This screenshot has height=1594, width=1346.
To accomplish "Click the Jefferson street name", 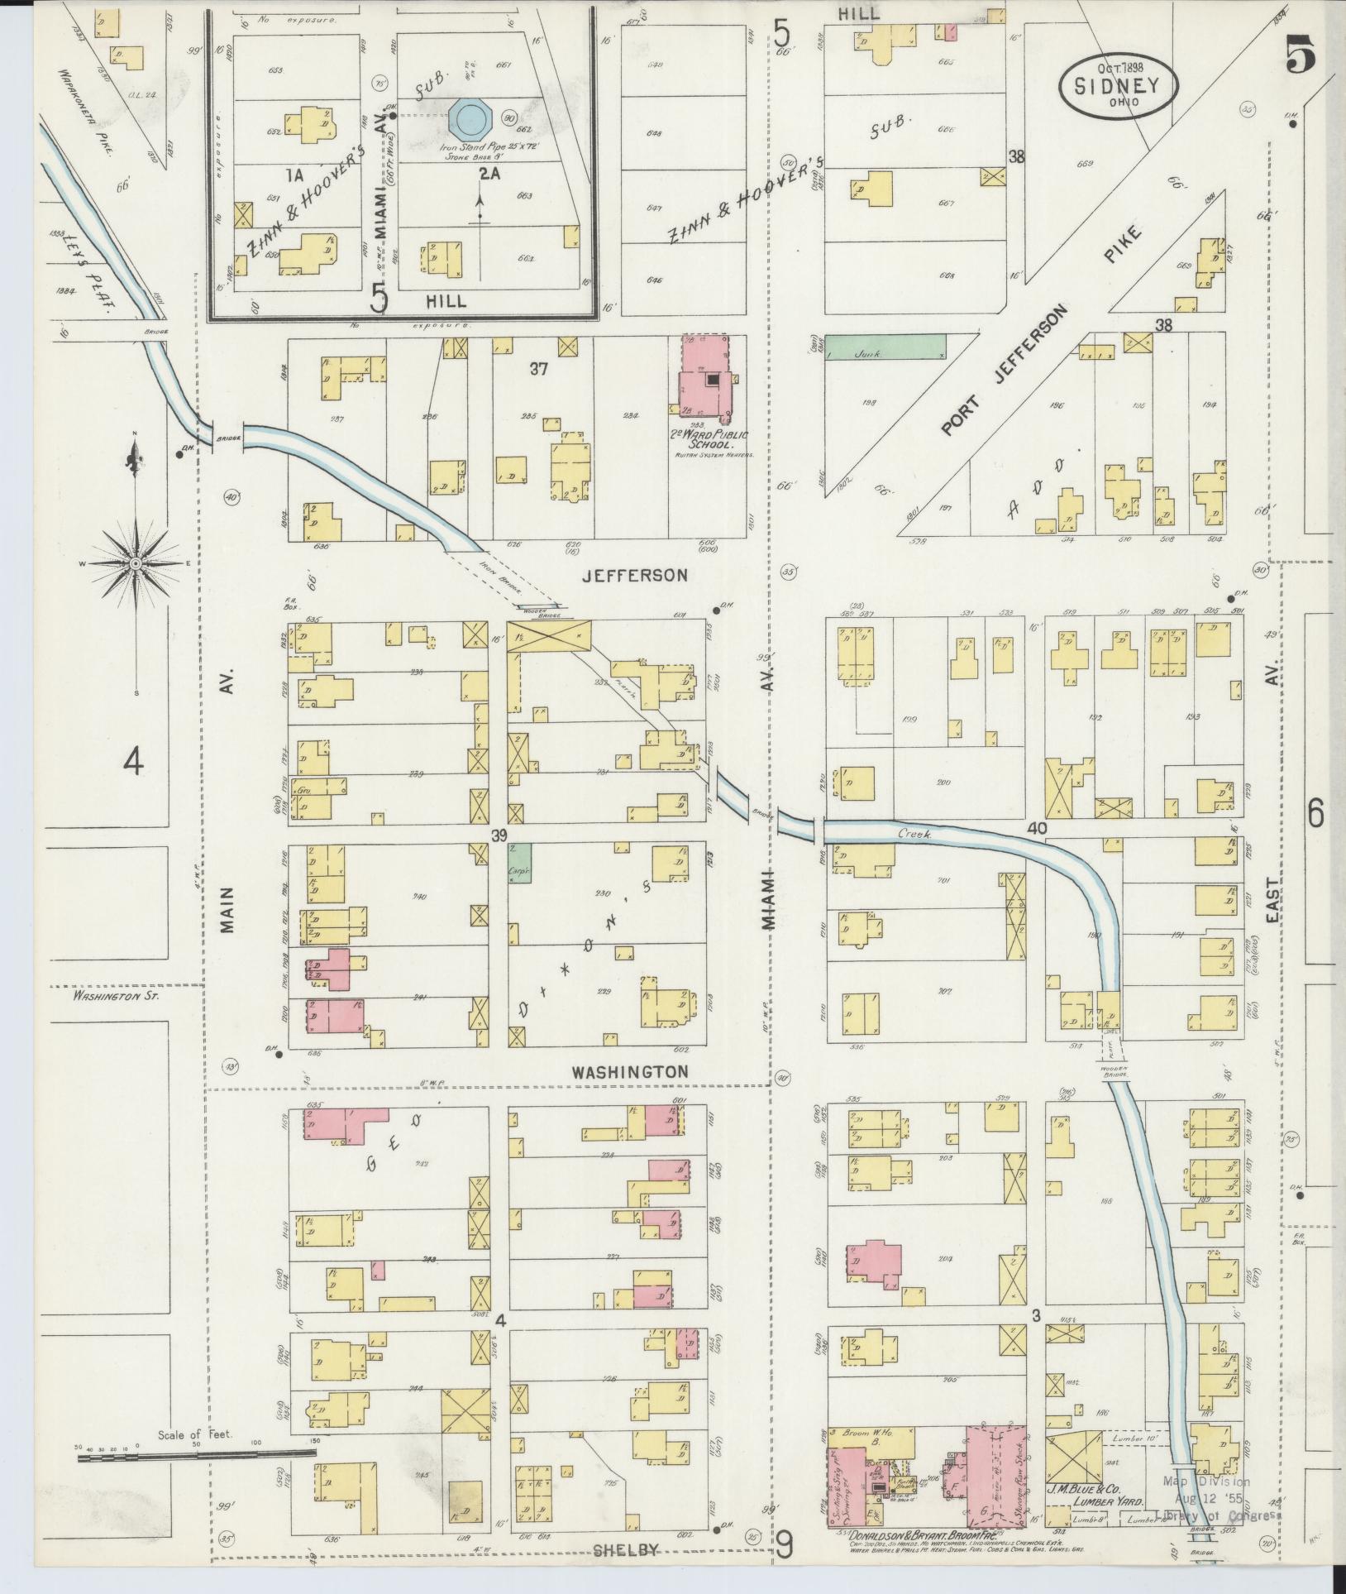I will click(634, 575).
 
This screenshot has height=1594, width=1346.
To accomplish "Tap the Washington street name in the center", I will click(630, 1071).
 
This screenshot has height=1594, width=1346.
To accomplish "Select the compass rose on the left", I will click(135, 563).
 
